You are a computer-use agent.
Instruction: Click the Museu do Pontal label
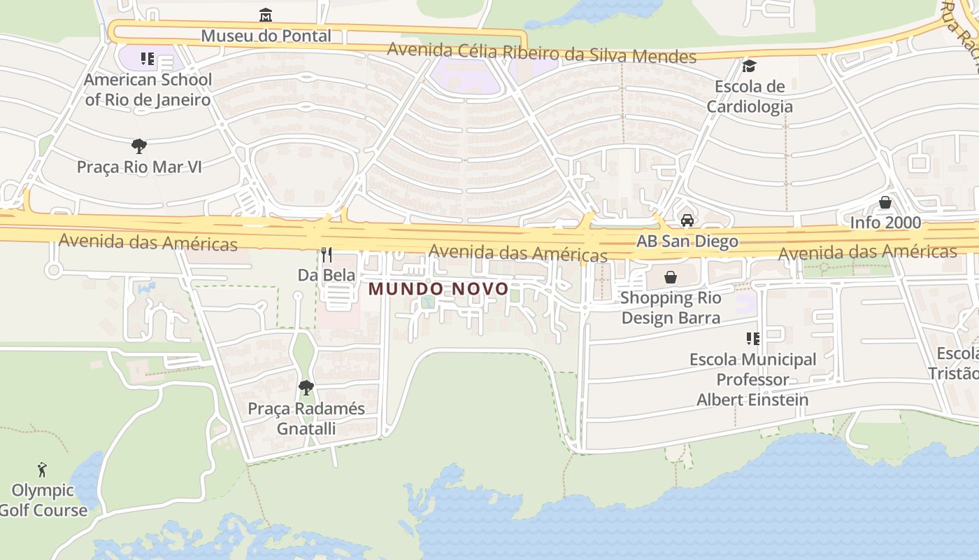pyautogui.click(x=266, y=36)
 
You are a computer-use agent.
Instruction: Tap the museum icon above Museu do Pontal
pyautogui.click(x=266, y=15)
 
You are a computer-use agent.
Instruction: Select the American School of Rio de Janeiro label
pyautogui.click(x=148, y=90)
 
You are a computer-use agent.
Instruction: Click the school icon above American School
pyautogui.click(x=147, y=59)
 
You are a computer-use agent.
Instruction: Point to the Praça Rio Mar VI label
pyautogui.click(x=139, y=167)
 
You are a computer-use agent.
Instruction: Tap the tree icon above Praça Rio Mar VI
pyautogui.click(x=139, y=146)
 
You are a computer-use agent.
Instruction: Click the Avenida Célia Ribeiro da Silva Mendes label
pyautogui.click(x=541, y=53)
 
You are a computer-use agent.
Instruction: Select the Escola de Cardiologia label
pyautogui.click(x=750, y=97)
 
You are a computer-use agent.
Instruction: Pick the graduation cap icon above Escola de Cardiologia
pyautogui.click(x=750, y=66)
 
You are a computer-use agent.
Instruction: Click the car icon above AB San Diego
pyautogui.click(x=687, y=220)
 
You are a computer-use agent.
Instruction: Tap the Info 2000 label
pyautogui.click(x=885, y=223)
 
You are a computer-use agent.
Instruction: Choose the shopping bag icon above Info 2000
pyautogui.click(x=885, y=202)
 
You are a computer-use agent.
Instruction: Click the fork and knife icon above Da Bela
pyautogui.click(x=327, y=254)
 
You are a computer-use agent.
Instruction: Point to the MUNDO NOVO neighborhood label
pyautogui.click(x=438, y=288)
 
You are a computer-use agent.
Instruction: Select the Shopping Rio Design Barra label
pyautogui.click(x=671, y=308)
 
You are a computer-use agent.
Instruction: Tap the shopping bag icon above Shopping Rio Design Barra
pyautogui.click(x=671, y=278)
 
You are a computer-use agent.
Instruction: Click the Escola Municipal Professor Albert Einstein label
pyautogui.click(x=752, y=379)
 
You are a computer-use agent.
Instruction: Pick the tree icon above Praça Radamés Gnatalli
pyautogui.click(x=306, y=387)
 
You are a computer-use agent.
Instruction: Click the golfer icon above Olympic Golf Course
pyautogui.click(x=43, y=470)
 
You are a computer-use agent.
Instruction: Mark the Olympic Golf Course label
pyautogui.click(x=43, y=500)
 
